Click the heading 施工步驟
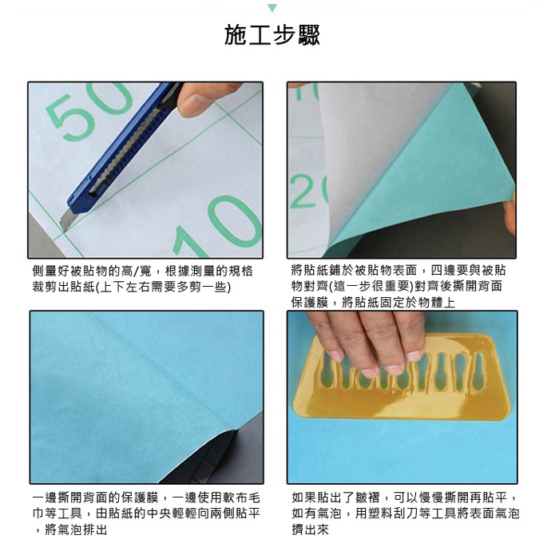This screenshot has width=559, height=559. coord(272,34)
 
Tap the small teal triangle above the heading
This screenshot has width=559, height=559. coord(272,8)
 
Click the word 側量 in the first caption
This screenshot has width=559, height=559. coord(45,272)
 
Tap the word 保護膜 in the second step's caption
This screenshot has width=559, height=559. coord(310,303)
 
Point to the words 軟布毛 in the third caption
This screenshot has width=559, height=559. coord(242,498)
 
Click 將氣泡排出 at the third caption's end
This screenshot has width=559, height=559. coord(76,529)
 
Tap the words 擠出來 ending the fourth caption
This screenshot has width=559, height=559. coord(310,529)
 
